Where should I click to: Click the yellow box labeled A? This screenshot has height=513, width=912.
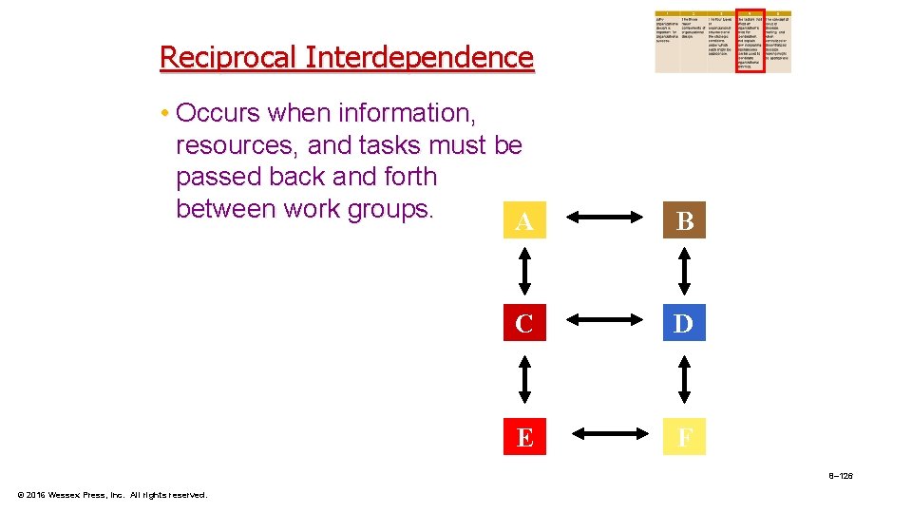point(523,221)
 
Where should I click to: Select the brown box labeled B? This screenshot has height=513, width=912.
point(684,221)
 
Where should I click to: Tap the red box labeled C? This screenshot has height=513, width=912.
point(523,324)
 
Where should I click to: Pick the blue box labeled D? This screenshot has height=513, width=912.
point(684,324)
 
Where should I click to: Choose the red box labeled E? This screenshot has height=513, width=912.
point(523,438)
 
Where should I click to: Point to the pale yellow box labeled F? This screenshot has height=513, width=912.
point(684,438)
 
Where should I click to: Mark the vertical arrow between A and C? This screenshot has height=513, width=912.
point(523,273)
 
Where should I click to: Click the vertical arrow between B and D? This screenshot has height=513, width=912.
point(684,273)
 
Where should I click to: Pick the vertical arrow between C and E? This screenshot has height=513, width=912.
point(523,380)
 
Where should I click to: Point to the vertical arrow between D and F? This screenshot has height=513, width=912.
point(684,380)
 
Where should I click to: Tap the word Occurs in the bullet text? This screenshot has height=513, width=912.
point(218,114)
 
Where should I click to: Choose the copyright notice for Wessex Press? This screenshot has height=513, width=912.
point(113,495)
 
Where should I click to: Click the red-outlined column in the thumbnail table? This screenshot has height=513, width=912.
point(750,42)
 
